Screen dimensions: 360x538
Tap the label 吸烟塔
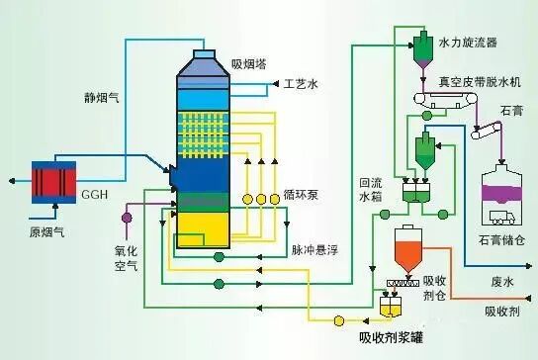click(248, 64)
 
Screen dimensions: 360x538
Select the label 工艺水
click(301, 85)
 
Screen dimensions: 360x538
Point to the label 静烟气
click(103, 98)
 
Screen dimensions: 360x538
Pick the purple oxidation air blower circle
click(126, 216)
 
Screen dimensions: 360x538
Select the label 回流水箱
click(370, 190)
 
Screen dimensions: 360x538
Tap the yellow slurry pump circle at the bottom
click(339, 320)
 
